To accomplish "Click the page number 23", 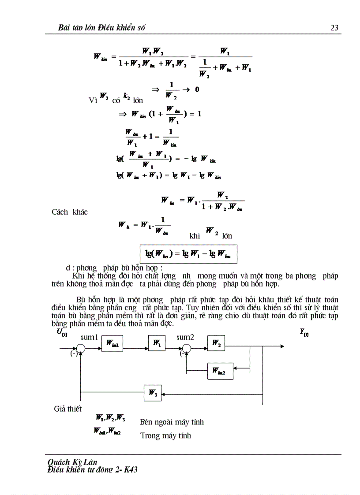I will (x=334, y=28).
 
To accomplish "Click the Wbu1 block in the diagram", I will (x=112, y=343).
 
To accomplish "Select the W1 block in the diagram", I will (x=157, y=343).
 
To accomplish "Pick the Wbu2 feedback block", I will (x=220, y=371).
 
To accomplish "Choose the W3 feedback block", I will (x=153, y=393).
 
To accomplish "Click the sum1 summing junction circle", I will (x=80, y=349).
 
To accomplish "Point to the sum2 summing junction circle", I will (x=187, y=349).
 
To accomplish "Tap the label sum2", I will (x=186, y=337).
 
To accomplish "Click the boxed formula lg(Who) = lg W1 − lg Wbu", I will (x=188, y=254).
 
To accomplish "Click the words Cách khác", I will (x=70, y=212).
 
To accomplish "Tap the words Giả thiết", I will (x=67, y=409).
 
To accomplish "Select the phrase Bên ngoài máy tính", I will (x=172, y=422).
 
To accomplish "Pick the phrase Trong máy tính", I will (x=165, y=436).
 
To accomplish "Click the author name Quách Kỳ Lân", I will (x=72, y=462).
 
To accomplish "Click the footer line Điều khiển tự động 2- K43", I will (x=92, y=470).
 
